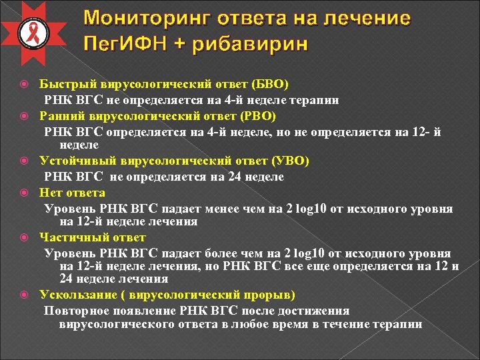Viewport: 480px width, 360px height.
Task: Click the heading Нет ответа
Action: tap(72, 193)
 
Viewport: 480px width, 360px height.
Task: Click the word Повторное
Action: tap(73, 311)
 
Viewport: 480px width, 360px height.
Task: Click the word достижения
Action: tap(316, 311)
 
